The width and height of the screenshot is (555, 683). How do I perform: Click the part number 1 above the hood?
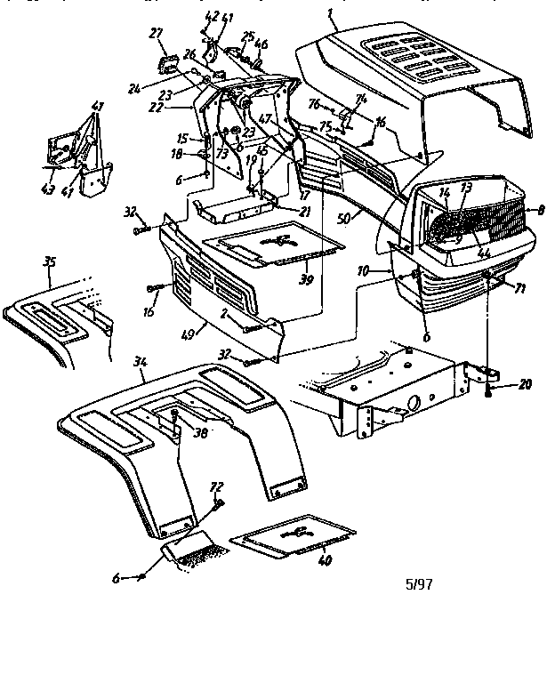click(x=330, y=13)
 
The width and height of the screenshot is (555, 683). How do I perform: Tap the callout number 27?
click(x=157, y=34)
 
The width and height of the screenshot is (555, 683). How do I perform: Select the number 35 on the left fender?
click(x=50, y=261)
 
